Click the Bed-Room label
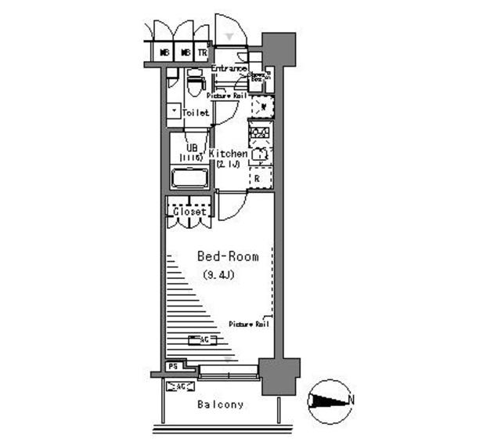[x=227, y=256]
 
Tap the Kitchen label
[x=228, y=154]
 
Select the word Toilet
[x=196, y=113]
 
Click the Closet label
[x=189, y=212]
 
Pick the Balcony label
[x=220, y=404]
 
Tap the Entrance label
[x=229, y=69]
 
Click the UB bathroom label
[x=191, y=147]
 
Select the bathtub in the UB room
[x=189, y=177]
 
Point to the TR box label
[x=202, y=53]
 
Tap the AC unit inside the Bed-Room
[x=203, y=339]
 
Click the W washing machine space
[x=264, y=106]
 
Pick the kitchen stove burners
[x=259, y=132]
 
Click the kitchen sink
[x=260, y=155]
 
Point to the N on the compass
[x=350, y=401]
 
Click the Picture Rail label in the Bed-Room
[x=250, y=324]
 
